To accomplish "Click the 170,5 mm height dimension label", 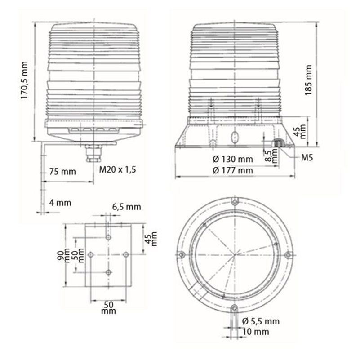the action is tap(24, 80).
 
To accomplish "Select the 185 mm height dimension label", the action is tap(308, 80).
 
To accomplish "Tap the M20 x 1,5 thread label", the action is tap(118, 170).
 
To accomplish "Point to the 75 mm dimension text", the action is tap(62, 172).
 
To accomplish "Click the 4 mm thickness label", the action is tap(60, 203).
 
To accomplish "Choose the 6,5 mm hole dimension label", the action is tap(126, 207).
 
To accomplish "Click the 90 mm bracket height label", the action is tap(63, 255).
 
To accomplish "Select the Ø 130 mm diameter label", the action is tap(233, 159).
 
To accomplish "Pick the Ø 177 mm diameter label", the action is tap(233, 170).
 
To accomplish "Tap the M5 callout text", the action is tap(307, 157).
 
